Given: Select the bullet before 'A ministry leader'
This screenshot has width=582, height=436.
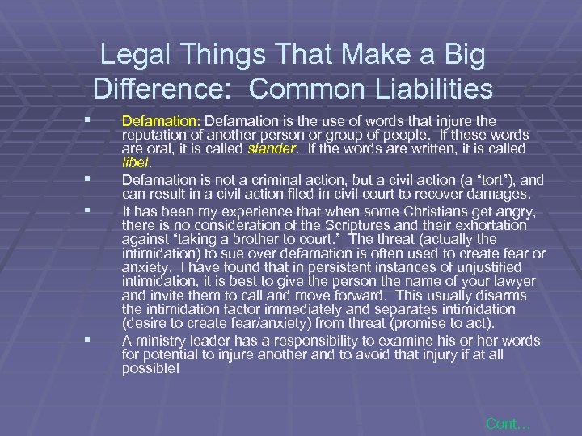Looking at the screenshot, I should coord(98,338).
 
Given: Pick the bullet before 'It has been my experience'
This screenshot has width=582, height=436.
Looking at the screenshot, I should coord(98,208).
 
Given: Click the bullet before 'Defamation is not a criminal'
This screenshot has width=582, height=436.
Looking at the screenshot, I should coord(98,178).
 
